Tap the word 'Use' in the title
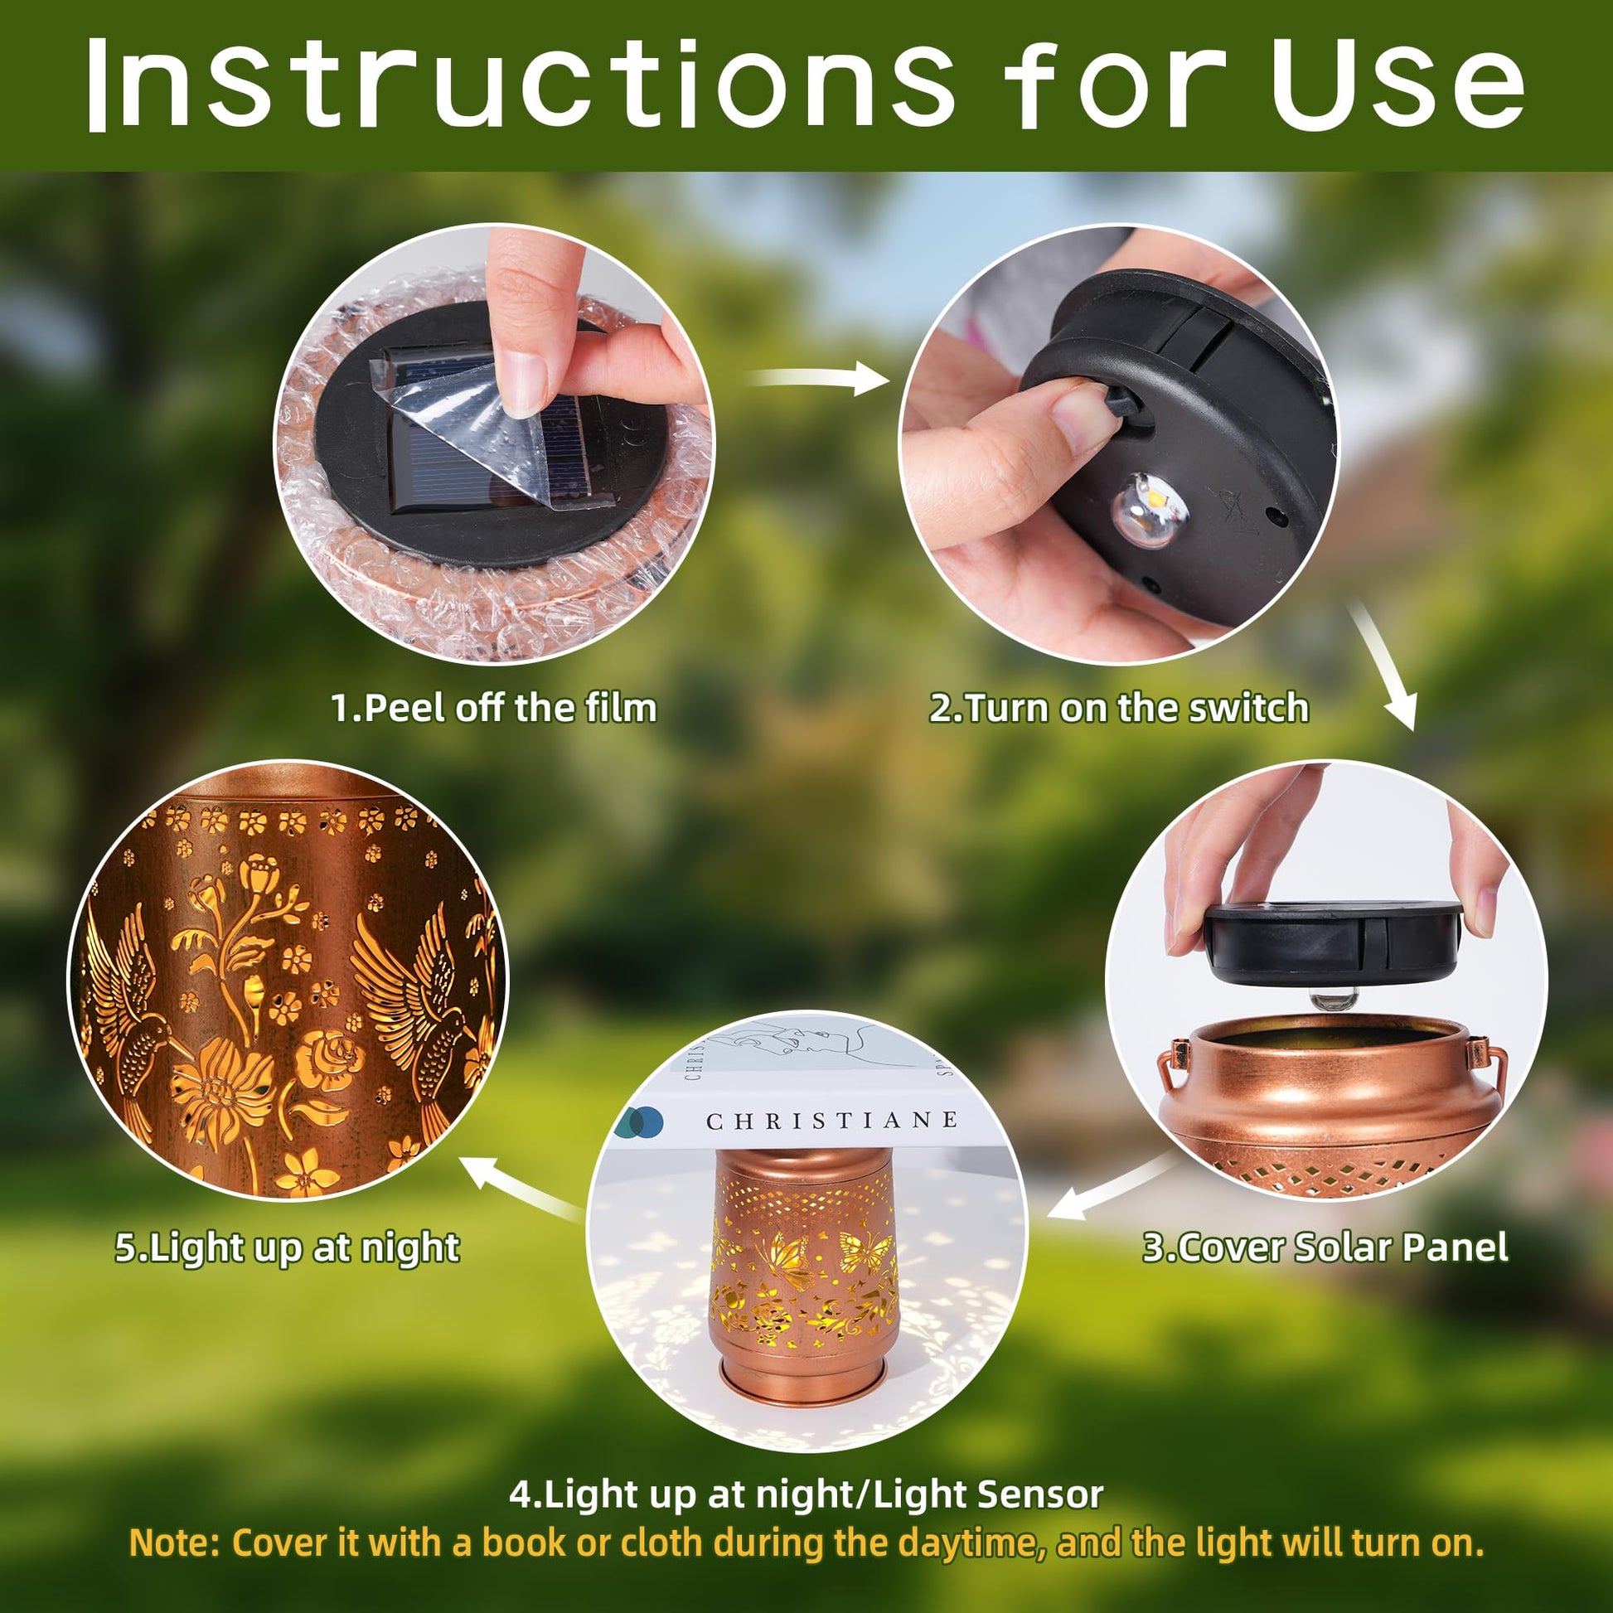click(x=1399, y=84)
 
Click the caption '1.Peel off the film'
click(x=494, y=708)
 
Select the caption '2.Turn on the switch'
click(x=1119, y=708)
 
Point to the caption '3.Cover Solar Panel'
click(x=1325, y=1247)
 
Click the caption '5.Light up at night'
click(x=287, y=1248)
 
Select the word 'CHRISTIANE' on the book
click(x=831, y=1121)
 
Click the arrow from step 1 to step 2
click(x=818, y=379)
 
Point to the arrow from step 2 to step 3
click(x=1383, y=666)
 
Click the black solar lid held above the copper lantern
click(x=1333, y=942)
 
